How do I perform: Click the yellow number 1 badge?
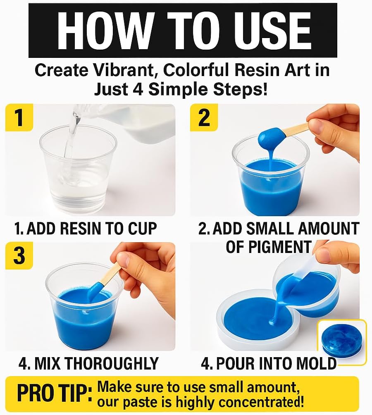(19, 117)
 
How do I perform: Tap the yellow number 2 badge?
(204, 117)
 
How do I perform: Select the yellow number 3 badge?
(19, 256)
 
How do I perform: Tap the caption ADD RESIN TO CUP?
(86, 228)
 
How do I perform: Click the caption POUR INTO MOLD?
(269, 363)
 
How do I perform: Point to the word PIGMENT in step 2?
(268, 247)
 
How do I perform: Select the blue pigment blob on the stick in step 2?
(271, 139)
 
